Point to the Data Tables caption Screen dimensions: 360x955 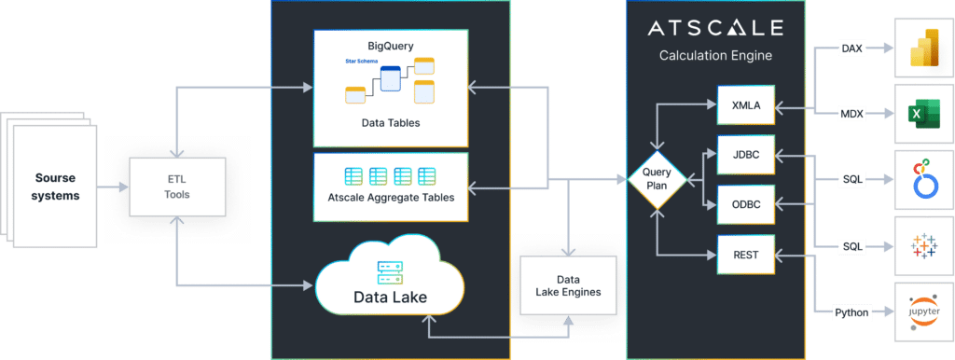click(x=390, y=122)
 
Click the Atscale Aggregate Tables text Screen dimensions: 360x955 click(x=390, y=197)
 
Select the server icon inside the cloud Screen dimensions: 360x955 click(x=390, y=272)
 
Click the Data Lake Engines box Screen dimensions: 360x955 click(x=568, y=285)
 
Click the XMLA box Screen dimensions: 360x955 click(x=747, y=105)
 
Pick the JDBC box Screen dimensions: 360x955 click(x=747, y=154)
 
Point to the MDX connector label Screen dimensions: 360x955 click(x=851, y=113)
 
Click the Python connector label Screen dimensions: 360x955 click(x=851, y=312)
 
